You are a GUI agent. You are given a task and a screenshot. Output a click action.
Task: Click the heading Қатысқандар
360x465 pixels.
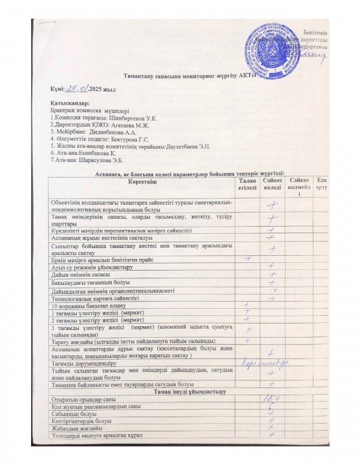coord(69,103)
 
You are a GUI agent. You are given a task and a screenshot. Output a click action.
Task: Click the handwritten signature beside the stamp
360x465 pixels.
coord(310,57)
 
